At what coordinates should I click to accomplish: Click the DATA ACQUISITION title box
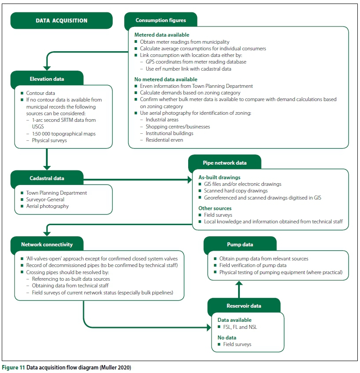coord(61,20)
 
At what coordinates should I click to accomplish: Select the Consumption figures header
coord(161,20)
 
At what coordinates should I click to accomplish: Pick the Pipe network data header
coord(224,162)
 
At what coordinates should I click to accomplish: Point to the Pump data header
coord(240,244)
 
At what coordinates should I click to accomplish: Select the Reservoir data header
coord(243,305)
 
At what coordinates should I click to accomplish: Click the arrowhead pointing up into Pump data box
coord(239,283)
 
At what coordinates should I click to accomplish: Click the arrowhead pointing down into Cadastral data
coord(46,166)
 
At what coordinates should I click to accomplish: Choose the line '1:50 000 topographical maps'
coord(64,133)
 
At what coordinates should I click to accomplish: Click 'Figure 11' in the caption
coord(13,367)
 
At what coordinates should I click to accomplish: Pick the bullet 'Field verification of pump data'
coord(253,265)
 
